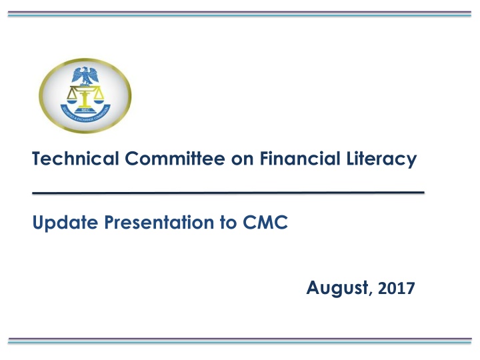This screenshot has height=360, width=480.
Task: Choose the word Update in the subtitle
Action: point(57,223)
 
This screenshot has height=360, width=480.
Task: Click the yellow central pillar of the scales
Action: point(85,100)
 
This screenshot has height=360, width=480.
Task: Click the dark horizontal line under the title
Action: point(228,192)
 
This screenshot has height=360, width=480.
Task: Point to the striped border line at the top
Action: point(240,14)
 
